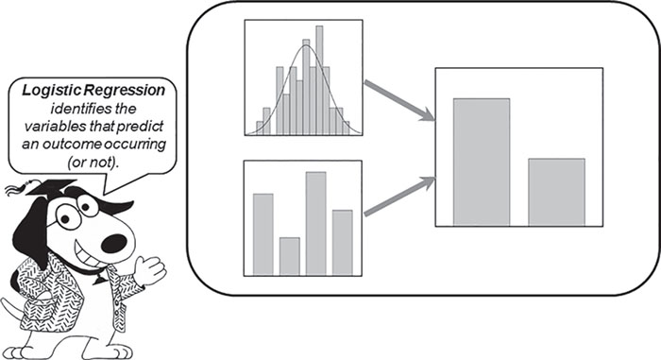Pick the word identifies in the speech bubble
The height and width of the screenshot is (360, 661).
(78, 107)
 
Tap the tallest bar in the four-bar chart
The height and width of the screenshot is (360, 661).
(316, 222)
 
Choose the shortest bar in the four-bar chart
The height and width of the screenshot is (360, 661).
(290, 255)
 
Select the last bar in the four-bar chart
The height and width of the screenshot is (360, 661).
(343, 241)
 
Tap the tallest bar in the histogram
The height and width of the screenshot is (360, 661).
(318, 80)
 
